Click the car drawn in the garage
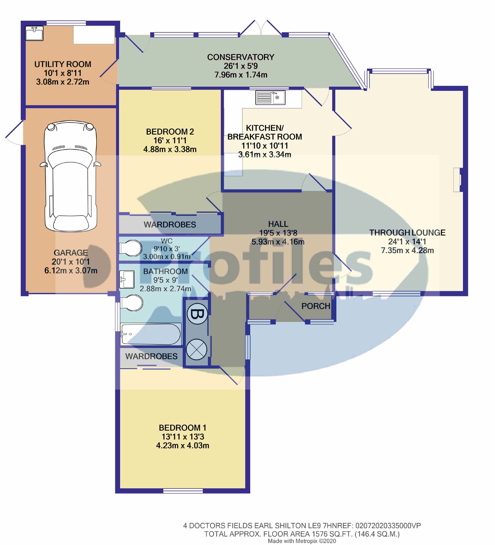(71, 176)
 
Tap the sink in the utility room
(34, 33)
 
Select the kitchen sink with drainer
(270, 97)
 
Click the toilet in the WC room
(131, 248)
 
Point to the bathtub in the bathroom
(151, 334)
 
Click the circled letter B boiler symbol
(197, 314)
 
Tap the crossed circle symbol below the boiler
(197, 349)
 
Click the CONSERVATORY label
(241, 57)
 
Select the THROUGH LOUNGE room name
(407, 233)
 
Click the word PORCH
(316, 306)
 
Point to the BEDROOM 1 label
(183, 428)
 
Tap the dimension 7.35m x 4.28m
(407, 250)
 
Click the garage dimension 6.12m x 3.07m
(71, 270)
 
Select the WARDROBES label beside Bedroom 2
(170, 224)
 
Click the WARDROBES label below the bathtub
(151, 356)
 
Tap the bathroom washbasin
(127, 279)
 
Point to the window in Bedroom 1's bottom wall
(183, 491)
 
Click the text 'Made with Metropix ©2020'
(302, 541)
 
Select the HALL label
(278, 224)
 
